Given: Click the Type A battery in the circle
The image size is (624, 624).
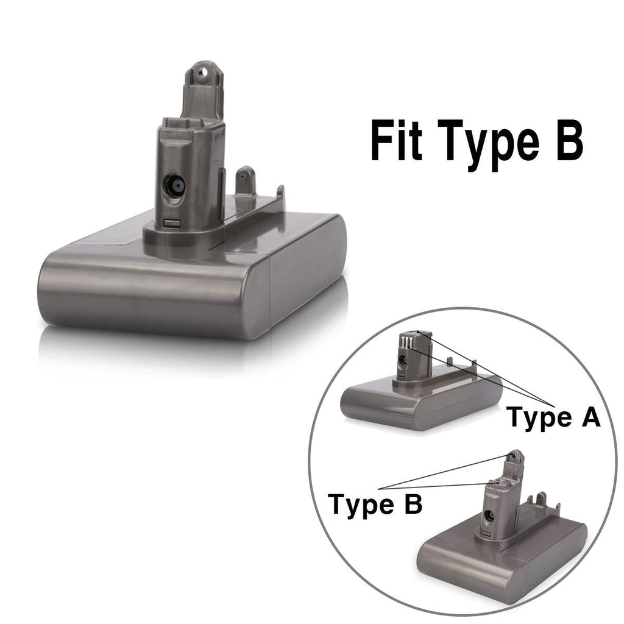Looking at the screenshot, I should tap(420, 390).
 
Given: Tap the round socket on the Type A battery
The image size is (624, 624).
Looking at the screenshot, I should tap(403, 360).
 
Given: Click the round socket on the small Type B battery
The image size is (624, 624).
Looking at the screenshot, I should tap(488, 515).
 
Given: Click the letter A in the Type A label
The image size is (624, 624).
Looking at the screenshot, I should tap(589, 418).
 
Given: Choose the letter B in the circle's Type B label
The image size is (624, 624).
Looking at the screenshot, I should tap(411, 505).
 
